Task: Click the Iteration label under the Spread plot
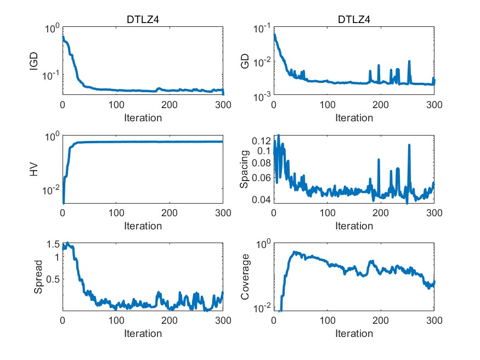tap(143, 333)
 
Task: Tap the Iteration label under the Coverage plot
tap(354, 333)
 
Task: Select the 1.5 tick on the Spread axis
tap(53, 244)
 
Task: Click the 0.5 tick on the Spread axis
tap(53, 279)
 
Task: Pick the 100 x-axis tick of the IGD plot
tap(116, 104)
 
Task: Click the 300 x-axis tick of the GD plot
tap(434, 104)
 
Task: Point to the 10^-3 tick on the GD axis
tap(260, 96)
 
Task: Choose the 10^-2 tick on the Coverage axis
tap(260, 308)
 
